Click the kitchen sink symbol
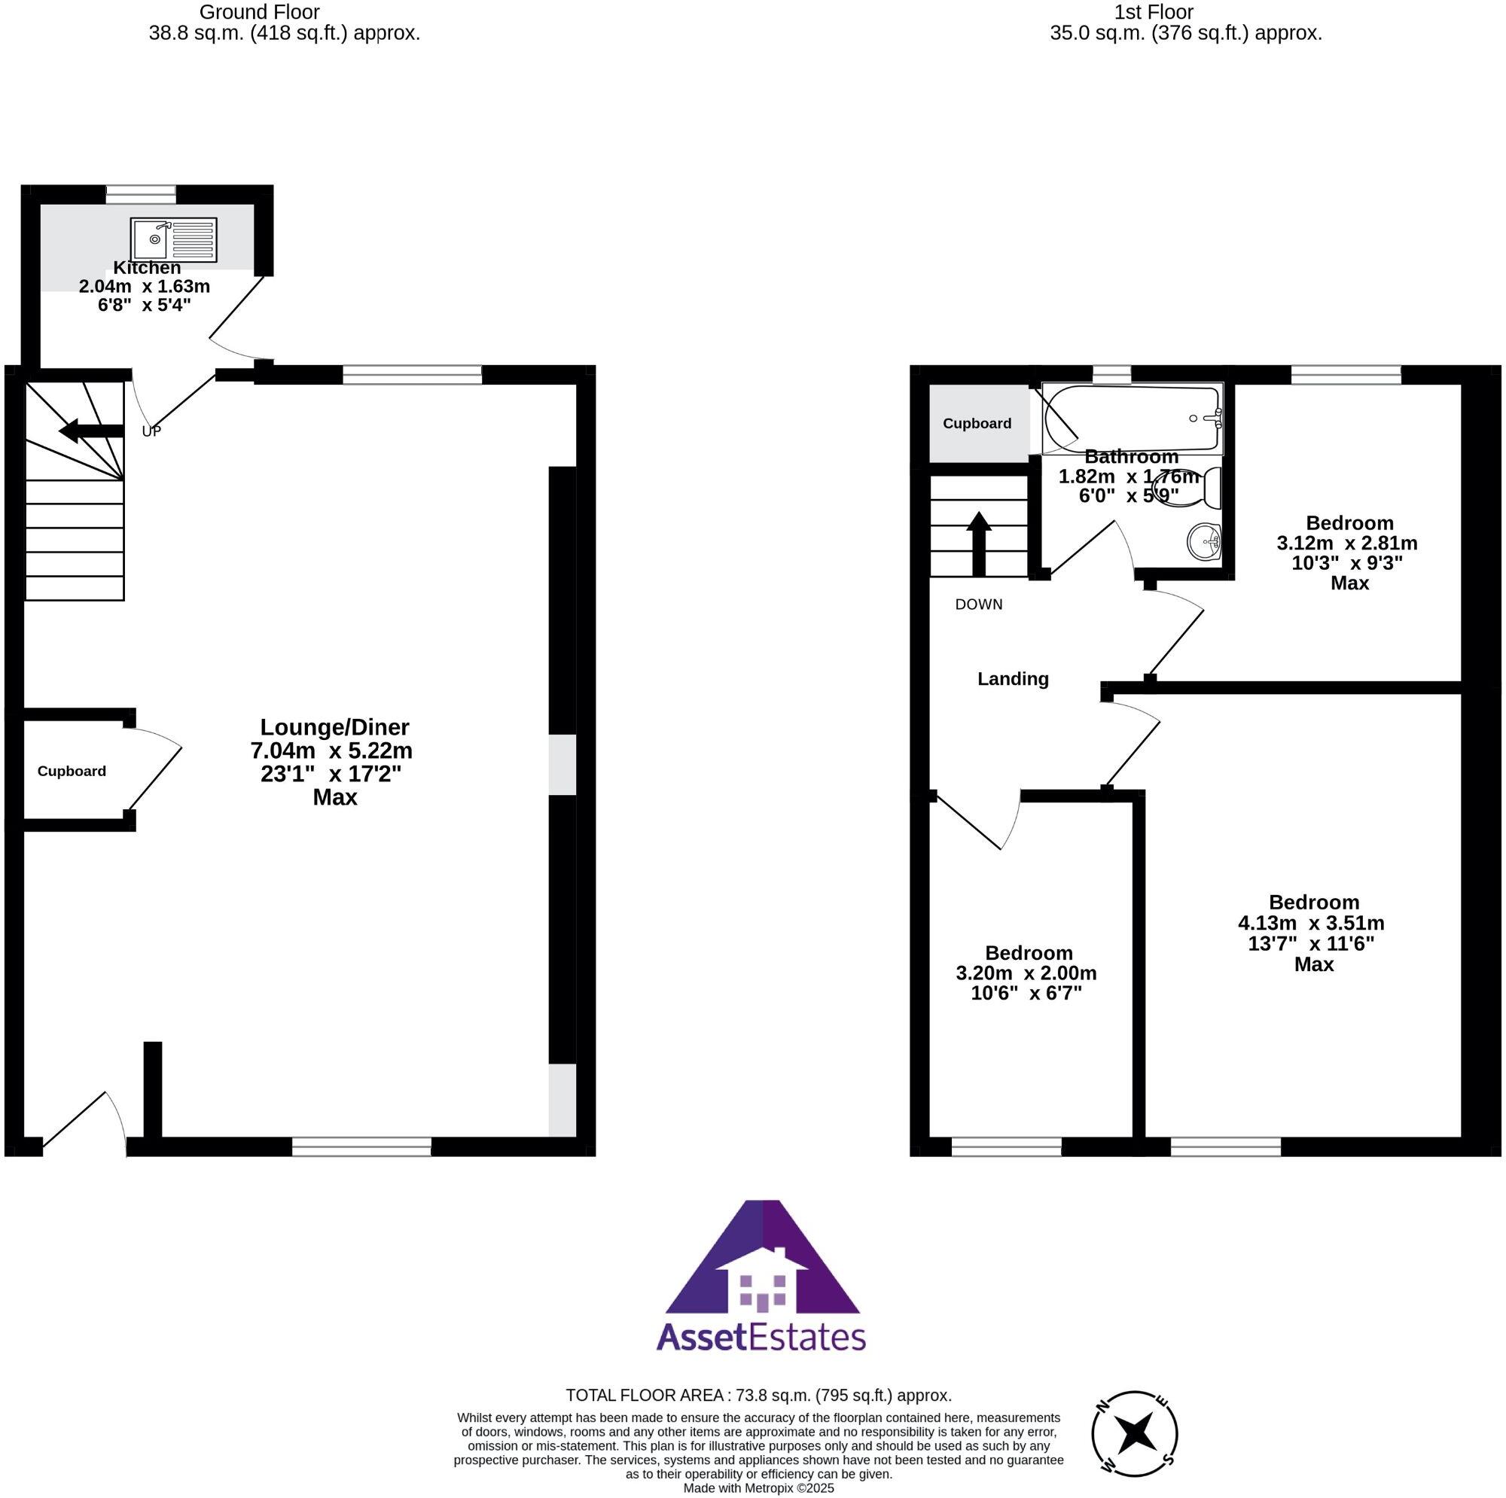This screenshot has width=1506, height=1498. coord(173,239)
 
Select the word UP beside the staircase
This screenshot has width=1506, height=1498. coord(151,431)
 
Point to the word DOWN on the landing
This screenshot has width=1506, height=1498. coord(979,604)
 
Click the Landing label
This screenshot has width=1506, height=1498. coord(1013,679)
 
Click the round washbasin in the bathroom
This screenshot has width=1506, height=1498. coord(1203,541)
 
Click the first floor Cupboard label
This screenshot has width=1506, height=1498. coord(977,423)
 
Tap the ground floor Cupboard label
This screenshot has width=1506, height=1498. coord(72,771)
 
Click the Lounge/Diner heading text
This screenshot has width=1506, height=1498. coord(334,727)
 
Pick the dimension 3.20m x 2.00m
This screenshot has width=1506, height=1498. coord(1026,973)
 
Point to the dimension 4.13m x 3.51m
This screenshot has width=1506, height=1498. coord(1311,923)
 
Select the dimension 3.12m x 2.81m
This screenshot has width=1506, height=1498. coord(1347,543)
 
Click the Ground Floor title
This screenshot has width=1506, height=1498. coord(260,12)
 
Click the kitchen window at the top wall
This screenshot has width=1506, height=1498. coord(141,195)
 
